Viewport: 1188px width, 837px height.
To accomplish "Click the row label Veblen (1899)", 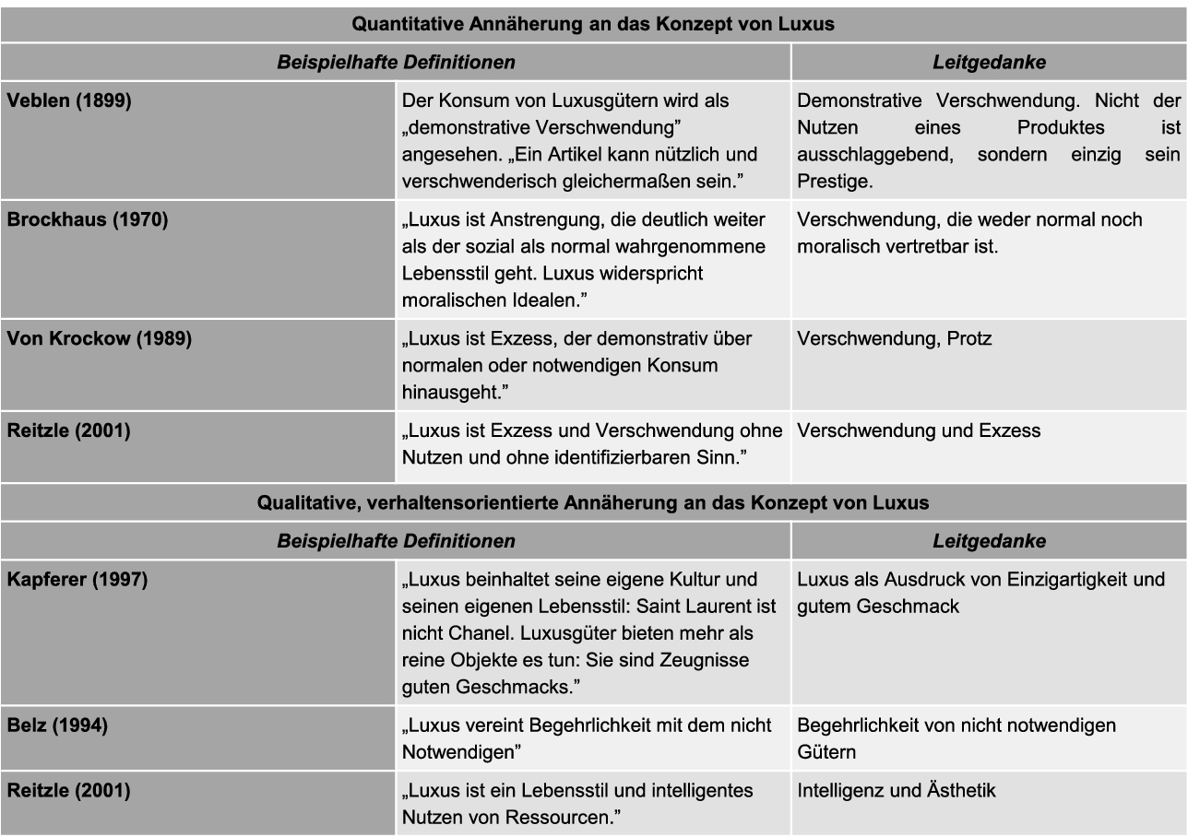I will pyautogui.click(x=69, y=100).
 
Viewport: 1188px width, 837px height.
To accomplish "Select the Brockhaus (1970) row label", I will pyautogui.click(x=88, y=219).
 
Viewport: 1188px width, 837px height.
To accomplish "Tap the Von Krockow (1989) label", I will pyautogui.click(x=100, y=338).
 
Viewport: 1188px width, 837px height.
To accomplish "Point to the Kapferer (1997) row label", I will pyautogui.click(x=77, y=580).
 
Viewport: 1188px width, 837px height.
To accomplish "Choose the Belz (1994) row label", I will pyautogui.click(x=57, y=725).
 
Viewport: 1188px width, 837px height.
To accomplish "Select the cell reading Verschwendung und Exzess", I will pyautogui.click(x=919, y=430).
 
